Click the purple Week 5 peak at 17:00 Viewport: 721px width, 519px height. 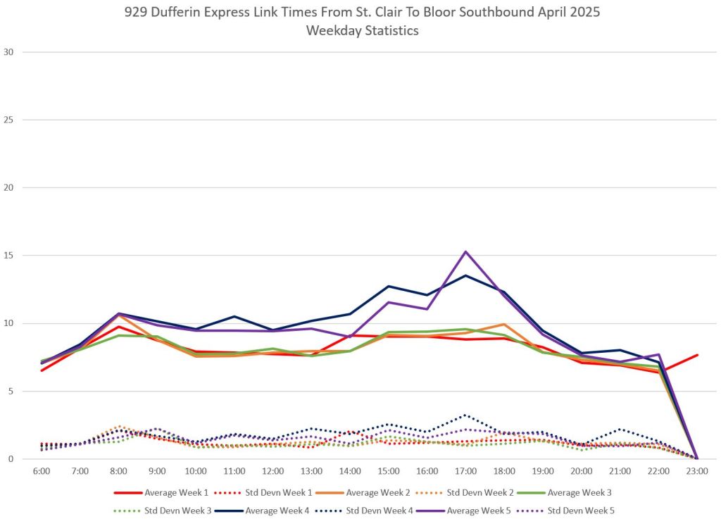coord(465,251)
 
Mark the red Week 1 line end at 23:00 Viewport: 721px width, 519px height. coord(697,355)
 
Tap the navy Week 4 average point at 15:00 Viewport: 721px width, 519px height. coord(389,286)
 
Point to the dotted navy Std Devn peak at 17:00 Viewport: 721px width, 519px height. coord(465,415)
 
